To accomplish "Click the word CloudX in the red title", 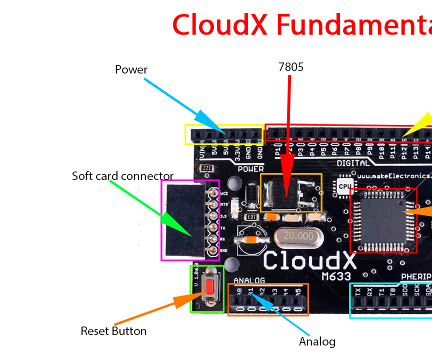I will coord(220,24).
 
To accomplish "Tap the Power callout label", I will coord(131,69).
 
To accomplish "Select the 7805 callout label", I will coord(290,67).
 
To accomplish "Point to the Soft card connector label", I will coord(122,176).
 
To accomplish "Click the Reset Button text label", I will coord(113,331).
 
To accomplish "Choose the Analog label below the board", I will coord(317,342).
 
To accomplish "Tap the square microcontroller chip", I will coord(383,220).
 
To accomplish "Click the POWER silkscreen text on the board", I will coord(250,169).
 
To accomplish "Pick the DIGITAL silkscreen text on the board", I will coord(353,163).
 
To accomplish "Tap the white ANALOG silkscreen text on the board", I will coord(249,280).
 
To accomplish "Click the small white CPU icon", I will coord(344,185).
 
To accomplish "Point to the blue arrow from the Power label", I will coord(185,106).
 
